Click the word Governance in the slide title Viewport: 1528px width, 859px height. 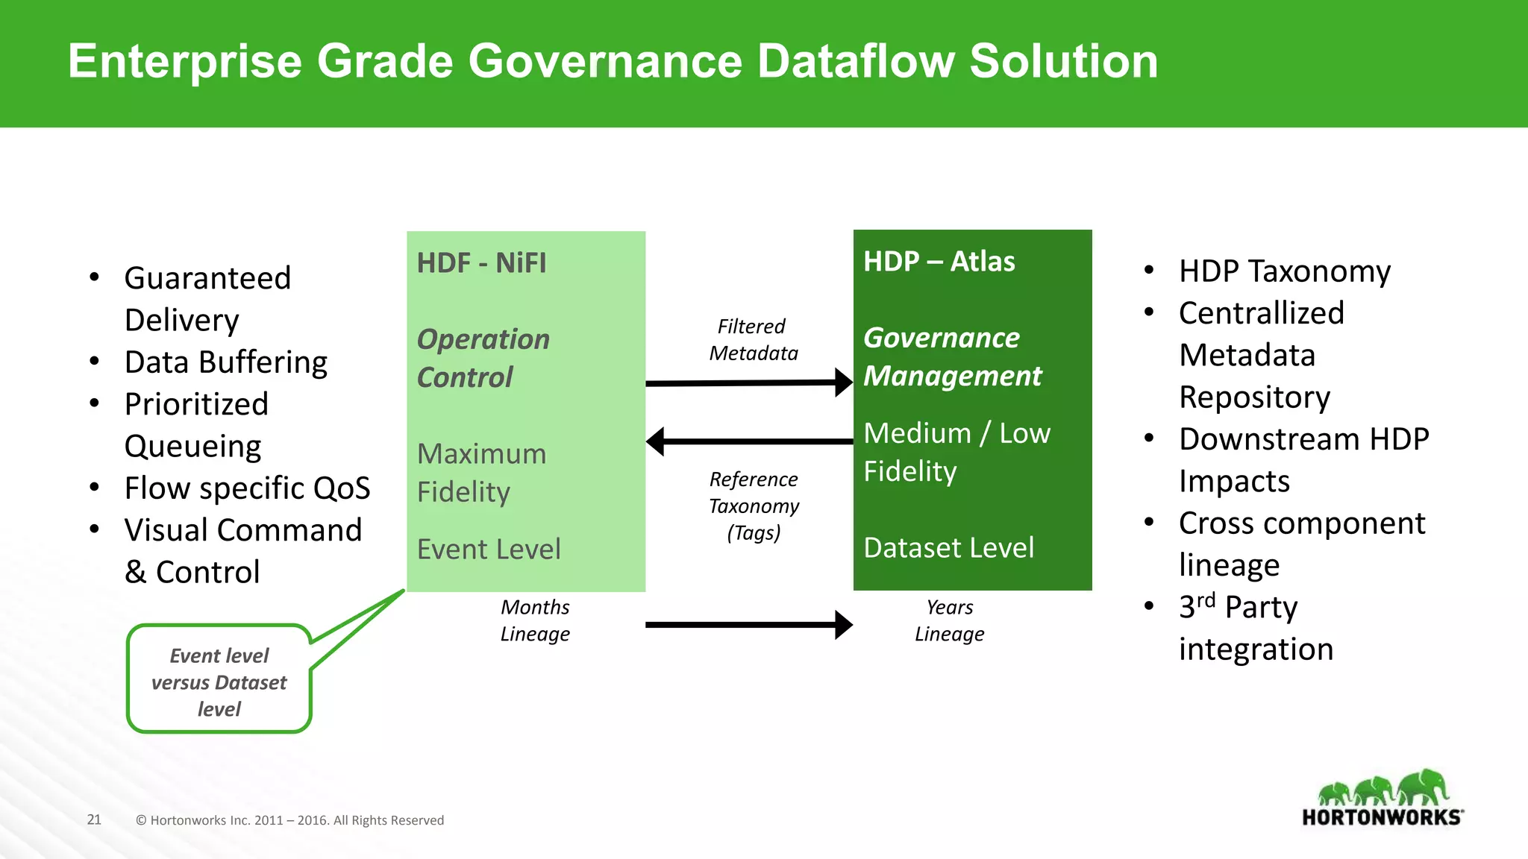[604, 61]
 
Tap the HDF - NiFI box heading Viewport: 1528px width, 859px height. [481, 263]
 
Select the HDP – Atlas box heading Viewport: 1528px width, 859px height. [939, 262]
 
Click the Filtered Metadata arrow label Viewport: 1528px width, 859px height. [753, 339]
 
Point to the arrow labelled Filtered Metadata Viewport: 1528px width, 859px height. [748, 383]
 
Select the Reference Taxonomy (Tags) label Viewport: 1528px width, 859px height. [754, 506]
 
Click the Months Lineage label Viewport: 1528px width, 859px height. [535, 620]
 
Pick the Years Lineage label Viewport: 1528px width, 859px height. [949, 620]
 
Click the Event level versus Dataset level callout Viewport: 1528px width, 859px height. [219, 682]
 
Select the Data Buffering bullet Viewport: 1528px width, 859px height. [225, 362]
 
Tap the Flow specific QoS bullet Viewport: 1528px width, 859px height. [247, 488]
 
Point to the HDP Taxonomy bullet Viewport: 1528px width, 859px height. [1284, 271]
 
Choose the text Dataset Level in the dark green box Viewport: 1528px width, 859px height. [948, 548]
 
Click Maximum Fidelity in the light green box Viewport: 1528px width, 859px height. [481, 473]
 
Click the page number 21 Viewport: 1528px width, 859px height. [94, 819]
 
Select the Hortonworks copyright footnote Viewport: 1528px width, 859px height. [289, 820]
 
